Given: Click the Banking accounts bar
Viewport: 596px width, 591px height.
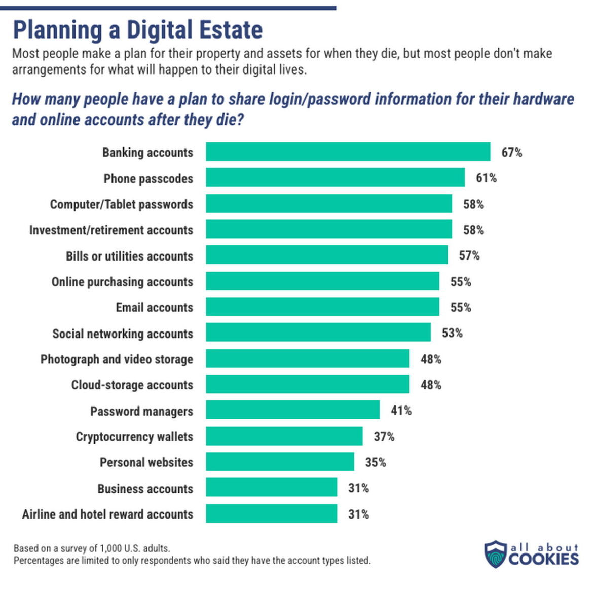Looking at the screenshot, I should coord(348,152).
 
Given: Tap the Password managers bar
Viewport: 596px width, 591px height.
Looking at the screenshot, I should coord(292,410).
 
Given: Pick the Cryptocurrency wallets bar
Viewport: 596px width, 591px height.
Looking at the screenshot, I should coord(284,436).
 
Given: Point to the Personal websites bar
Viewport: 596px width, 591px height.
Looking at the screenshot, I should coord(280,462).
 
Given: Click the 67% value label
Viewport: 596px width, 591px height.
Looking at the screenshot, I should coord(511,153).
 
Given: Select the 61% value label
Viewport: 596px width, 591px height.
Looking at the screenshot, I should coord(486,178).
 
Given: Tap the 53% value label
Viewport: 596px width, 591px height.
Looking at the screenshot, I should coord(452,333).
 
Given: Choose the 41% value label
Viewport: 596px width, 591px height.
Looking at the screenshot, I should coord(401,411).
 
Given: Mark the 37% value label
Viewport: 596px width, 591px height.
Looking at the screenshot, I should coord(384,436).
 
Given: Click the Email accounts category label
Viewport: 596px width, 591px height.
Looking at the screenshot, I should coord(154,308).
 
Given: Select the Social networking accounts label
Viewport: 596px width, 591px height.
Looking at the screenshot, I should coord(123,334).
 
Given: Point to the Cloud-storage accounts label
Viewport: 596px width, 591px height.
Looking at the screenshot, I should coord(132,385).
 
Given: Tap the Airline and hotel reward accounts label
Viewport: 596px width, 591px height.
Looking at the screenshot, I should coord(107,514).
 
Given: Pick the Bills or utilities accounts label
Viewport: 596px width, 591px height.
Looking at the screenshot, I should coord(129,256).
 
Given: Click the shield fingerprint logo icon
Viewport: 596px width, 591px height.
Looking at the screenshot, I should coord(495,554).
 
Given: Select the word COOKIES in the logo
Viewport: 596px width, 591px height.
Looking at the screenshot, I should coord(544,559).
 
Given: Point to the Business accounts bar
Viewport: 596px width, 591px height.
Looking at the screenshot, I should coord(271,488).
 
